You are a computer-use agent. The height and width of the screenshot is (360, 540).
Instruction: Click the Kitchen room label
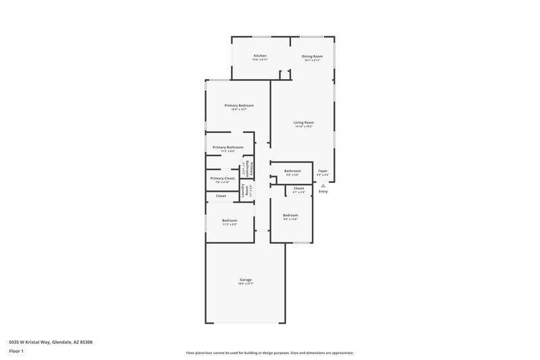(260, 55)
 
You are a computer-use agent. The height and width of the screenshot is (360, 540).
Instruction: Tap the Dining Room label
(312, 56)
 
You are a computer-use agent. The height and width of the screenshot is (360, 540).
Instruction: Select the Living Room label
(304, 122)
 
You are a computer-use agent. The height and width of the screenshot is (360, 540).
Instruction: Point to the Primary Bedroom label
(239, 105)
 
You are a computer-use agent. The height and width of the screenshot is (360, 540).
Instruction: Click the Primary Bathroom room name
(227, 147)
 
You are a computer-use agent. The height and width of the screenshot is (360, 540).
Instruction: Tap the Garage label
(246, 280)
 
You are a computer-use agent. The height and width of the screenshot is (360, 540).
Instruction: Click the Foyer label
(323, 171)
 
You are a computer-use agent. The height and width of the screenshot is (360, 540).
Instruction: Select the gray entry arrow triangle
(323, 185)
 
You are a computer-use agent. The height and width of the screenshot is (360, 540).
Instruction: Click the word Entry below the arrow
(323, 192)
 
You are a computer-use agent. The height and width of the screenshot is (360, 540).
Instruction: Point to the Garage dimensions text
(246, 284)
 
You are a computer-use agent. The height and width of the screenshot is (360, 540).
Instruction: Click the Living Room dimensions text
(304, 126)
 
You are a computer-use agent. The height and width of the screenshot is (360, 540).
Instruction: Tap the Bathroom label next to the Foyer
(292, 171)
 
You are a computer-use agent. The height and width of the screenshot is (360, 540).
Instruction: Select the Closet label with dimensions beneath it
(298, 188)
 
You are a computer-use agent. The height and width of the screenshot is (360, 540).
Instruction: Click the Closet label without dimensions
(221, 196)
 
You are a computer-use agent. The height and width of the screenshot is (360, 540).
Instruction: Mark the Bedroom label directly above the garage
(230, 220)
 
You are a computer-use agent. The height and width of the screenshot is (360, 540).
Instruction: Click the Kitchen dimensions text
(260, 59)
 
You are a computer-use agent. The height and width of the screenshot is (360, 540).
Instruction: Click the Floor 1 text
(16, 351)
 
